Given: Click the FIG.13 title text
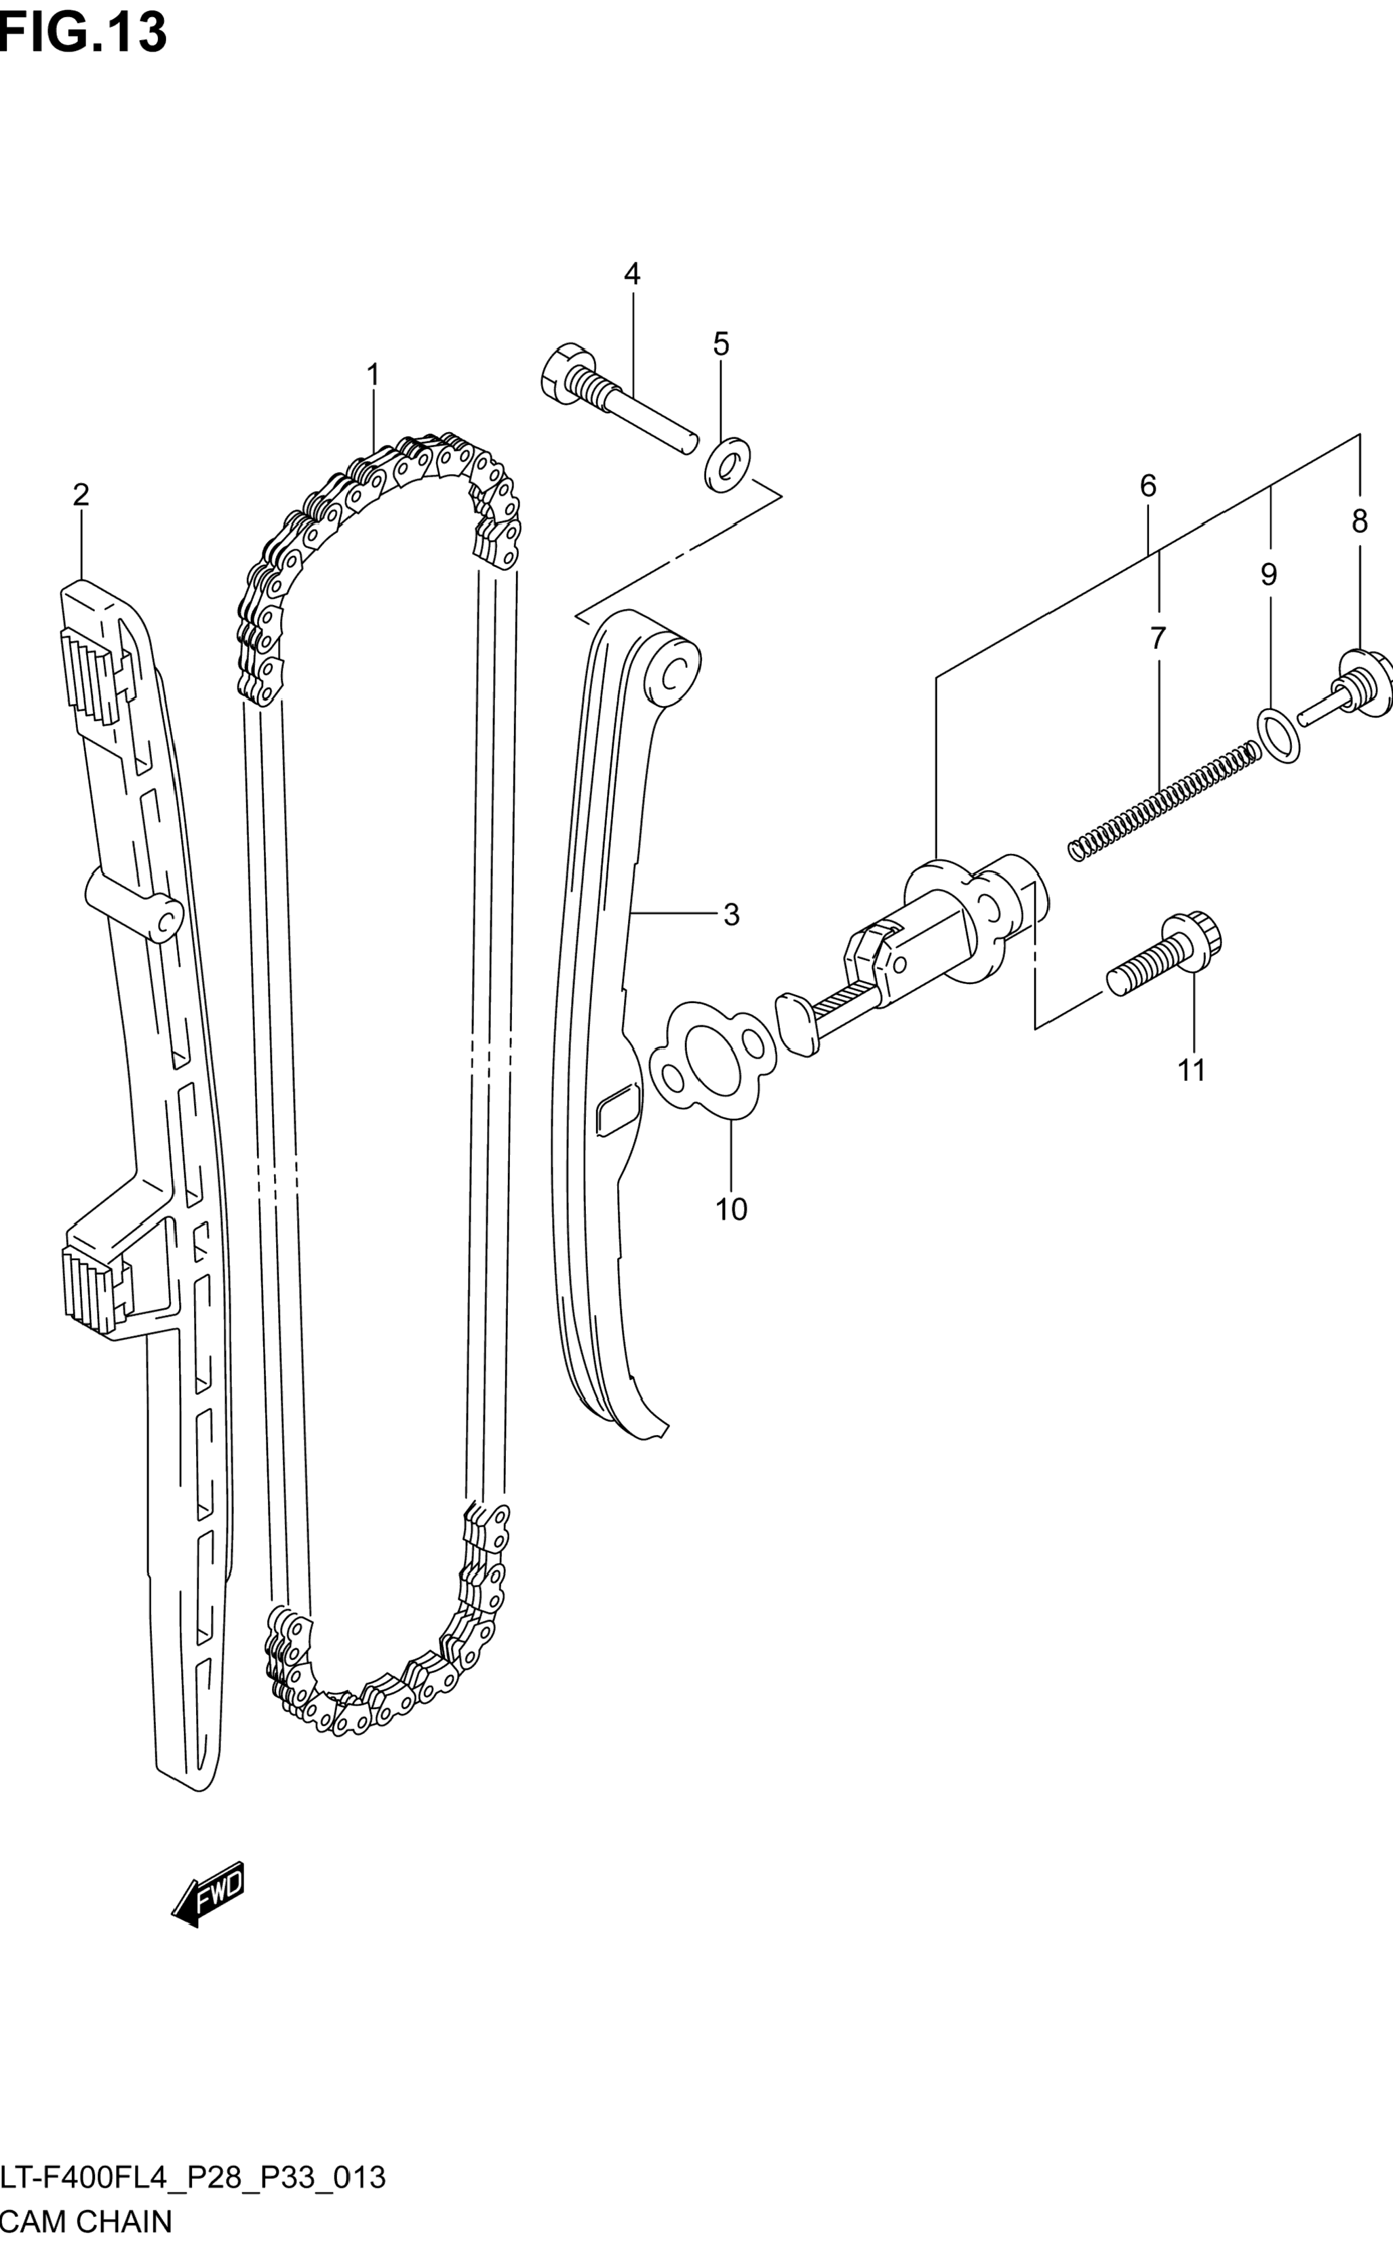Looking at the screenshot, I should click(x=83, y=33).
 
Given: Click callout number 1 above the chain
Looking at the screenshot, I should click(x=373, y=375).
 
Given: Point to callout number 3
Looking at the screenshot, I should click(x=730, y=915).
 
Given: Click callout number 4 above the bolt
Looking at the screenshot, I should click(x=632, y=273).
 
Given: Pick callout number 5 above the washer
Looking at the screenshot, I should click(x=720, y=345).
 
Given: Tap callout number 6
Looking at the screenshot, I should click(x=1148, y=486).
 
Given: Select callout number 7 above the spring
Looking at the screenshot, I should click(x=1158, y=637).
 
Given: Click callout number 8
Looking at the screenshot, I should click(x=1360, y=522).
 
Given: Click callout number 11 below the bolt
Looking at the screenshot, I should click(x=1191, y=1070).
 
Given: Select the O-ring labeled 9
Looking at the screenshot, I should click(x=1279, y=735).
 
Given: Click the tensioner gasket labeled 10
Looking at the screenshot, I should click(x=712, y=1062).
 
